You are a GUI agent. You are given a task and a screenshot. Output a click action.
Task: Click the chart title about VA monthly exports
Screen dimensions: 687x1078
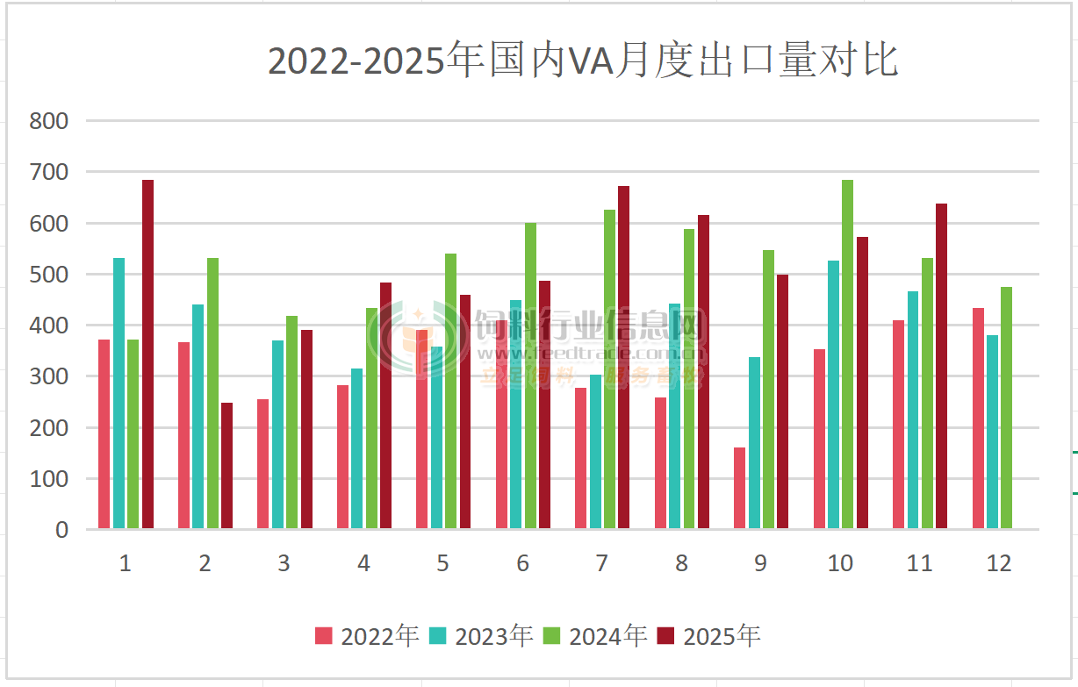pos(583,61)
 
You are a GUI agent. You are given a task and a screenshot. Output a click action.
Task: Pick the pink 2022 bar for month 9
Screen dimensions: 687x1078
pos(739,488)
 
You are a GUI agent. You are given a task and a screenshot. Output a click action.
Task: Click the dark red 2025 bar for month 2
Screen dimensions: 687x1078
pos(226,465)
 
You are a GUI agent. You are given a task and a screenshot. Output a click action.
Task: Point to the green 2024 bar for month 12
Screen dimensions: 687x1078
pos(1006,407)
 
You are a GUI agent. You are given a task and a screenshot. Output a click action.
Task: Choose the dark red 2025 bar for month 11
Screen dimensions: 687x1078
pos(941,366)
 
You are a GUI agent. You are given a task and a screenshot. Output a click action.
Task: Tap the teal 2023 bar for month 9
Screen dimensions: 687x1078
pos(754,442)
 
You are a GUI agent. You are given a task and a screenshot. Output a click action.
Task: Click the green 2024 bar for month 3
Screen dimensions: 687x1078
pos(291,422)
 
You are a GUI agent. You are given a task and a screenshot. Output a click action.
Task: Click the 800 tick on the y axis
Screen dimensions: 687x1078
pos(49,121)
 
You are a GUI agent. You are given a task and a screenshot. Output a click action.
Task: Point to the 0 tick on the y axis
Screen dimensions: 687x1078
pos(61,529)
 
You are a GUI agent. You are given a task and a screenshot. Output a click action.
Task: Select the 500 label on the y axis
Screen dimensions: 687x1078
pos(49,275)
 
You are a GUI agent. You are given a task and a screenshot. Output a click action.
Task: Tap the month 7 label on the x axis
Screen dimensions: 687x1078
pos(601,563)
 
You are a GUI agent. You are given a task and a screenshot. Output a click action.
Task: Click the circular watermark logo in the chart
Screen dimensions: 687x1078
pos(416,340)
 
